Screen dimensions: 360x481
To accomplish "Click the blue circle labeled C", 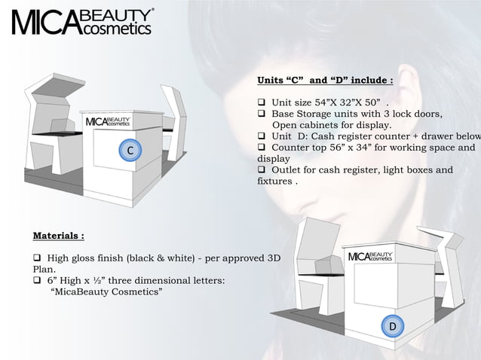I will [130, 151].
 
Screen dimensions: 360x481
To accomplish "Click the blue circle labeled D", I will [392, 325].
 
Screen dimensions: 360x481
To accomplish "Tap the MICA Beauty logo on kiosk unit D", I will [369, 258].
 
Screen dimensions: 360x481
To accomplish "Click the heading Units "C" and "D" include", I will [325, 80].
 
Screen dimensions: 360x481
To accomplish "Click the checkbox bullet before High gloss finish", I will [37, 258].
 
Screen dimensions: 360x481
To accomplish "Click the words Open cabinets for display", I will [331, 125].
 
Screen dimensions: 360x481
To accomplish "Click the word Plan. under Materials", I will [44, 269].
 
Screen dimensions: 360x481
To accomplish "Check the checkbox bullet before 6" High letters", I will [37, 280].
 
